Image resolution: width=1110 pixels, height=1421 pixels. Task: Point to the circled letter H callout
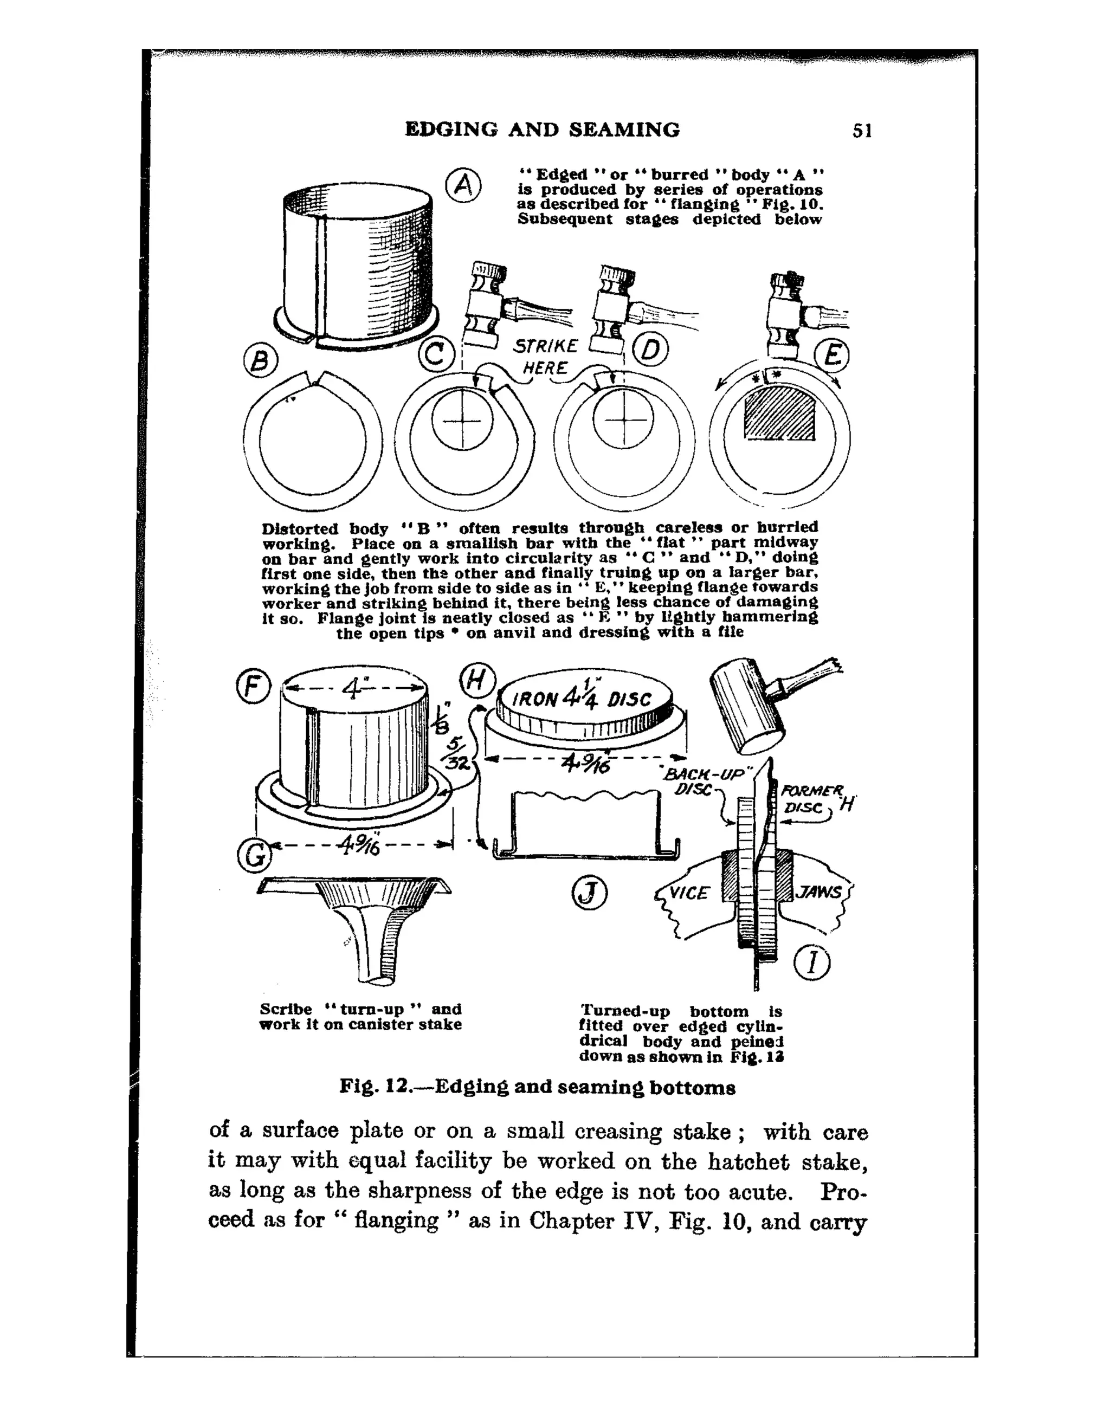click(x=477, y=681)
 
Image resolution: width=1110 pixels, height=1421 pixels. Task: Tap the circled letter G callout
click(x=254, y=856)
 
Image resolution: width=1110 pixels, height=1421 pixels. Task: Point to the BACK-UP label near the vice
click(x=706, y=776)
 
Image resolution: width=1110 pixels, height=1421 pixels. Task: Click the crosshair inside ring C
click(x=461, y=421)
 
